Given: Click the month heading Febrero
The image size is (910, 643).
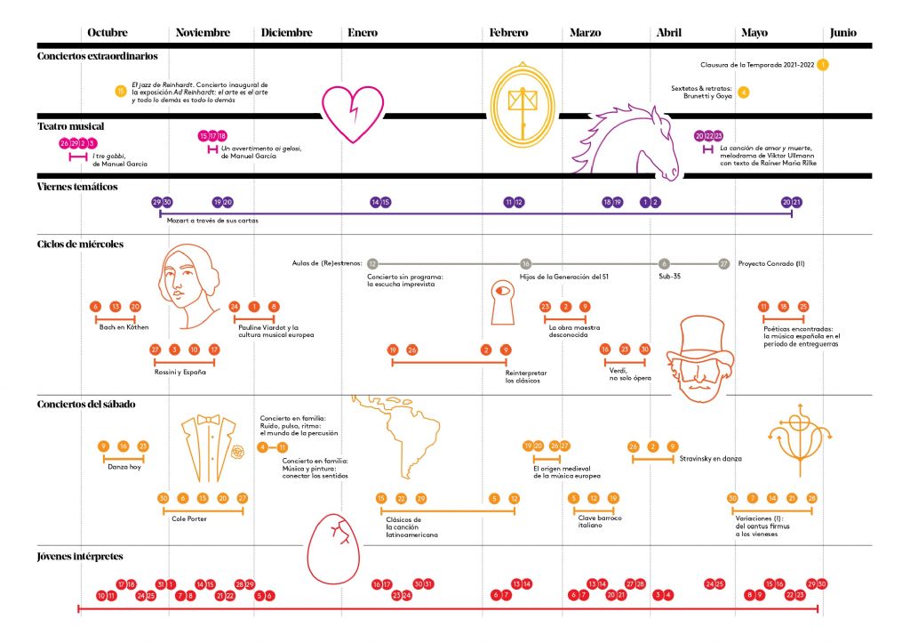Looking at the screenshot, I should tap(508, 33).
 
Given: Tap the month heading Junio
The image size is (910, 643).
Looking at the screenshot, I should tap(842, 33).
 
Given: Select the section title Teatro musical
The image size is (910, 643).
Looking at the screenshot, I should tap(70, 126).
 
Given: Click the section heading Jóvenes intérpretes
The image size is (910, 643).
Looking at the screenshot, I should tap(80, 557).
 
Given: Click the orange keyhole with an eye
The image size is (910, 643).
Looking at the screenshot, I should tap(504, 306).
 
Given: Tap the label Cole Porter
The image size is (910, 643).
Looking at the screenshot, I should tap(189, 519).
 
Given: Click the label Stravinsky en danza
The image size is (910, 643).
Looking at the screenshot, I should tap(710, 459).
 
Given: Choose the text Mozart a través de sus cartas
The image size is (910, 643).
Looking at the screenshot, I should tap(213, 221).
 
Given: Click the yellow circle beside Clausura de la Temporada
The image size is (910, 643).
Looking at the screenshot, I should tap(824, 64).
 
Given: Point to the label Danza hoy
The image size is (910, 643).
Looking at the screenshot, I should tap(124, 467).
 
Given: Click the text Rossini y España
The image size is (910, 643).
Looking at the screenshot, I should tap(180, 372).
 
